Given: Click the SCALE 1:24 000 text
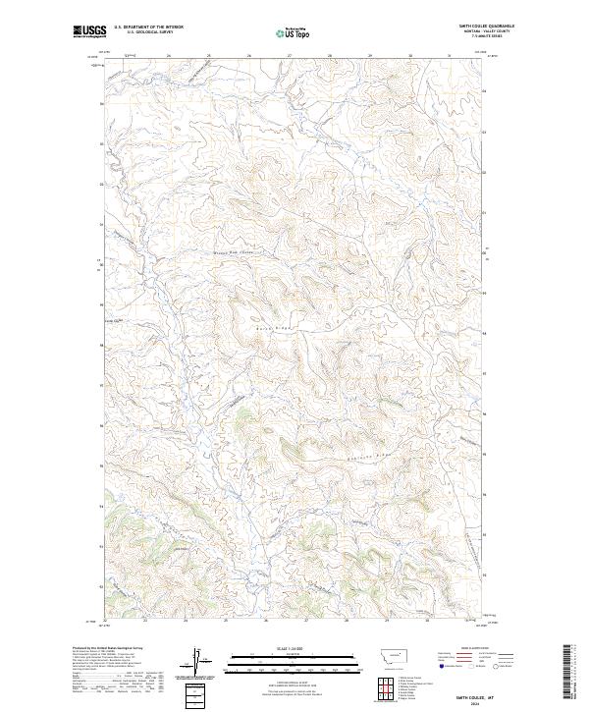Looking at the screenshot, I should tap(294, 649).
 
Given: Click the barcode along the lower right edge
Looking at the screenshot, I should tap(568, 677).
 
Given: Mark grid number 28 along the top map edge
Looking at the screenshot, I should tap(330, 56).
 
